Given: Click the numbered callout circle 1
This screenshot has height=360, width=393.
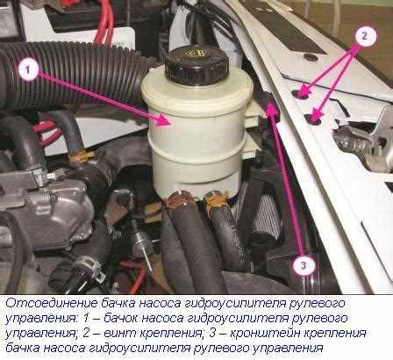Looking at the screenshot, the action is (28, 69).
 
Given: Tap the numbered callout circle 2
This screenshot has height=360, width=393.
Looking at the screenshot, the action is (364, 36).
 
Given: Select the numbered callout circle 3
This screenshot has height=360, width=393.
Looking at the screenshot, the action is (304, 265).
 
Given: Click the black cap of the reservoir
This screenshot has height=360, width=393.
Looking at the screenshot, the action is (196, 66).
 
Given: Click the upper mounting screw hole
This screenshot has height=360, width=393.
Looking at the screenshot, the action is (301, 94).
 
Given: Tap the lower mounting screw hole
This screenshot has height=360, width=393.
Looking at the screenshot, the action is (313, 119).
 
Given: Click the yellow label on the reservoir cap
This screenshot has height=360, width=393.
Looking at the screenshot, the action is (195, 54).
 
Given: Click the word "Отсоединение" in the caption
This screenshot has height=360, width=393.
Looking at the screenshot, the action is (50, 303).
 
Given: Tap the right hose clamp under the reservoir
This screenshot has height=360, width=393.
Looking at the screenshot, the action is (217, 200).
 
